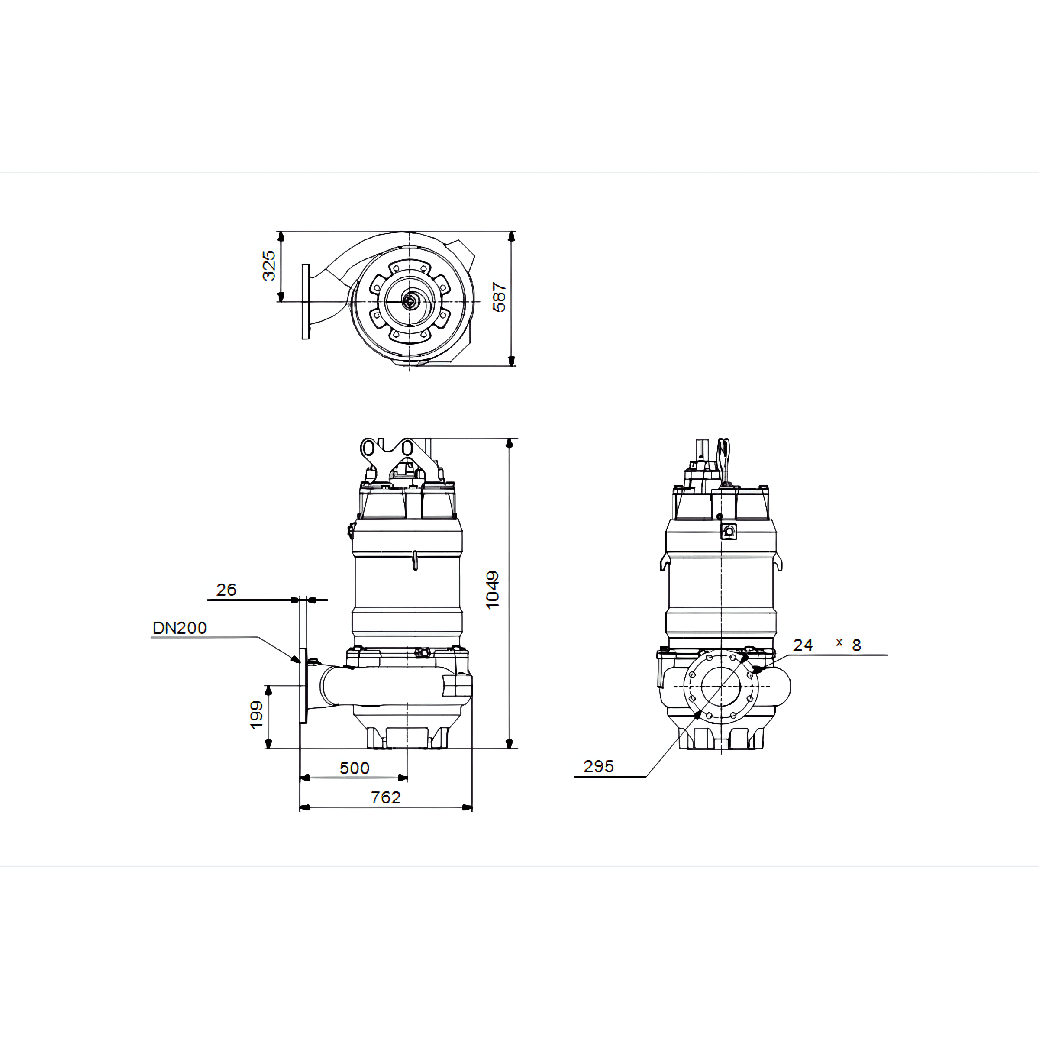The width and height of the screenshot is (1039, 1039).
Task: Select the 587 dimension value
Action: click(499, 297)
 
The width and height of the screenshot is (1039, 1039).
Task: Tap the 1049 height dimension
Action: click(492, 590)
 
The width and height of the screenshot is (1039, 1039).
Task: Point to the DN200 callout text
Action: click(180, 628)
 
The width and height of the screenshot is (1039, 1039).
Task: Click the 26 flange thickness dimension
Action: click(226, 589)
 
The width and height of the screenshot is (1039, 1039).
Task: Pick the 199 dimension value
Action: click(257, 715)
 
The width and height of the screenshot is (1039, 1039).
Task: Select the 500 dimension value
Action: click(355, 768)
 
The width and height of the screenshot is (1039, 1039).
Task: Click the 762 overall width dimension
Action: click(386, 797)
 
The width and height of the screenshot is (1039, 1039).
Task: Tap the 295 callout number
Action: click(599, 766)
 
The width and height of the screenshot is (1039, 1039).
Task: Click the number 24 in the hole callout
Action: click(802, 645)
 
